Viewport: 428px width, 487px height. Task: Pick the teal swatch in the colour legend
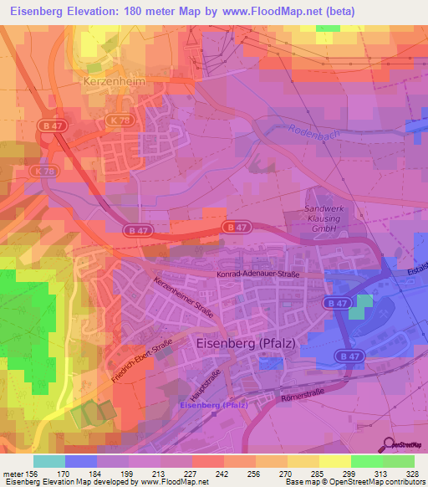[49, 460]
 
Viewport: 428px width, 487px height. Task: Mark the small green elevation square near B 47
[358, 307]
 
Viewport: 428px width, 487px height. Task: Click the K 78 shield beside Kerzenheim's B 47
[116, 120]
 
